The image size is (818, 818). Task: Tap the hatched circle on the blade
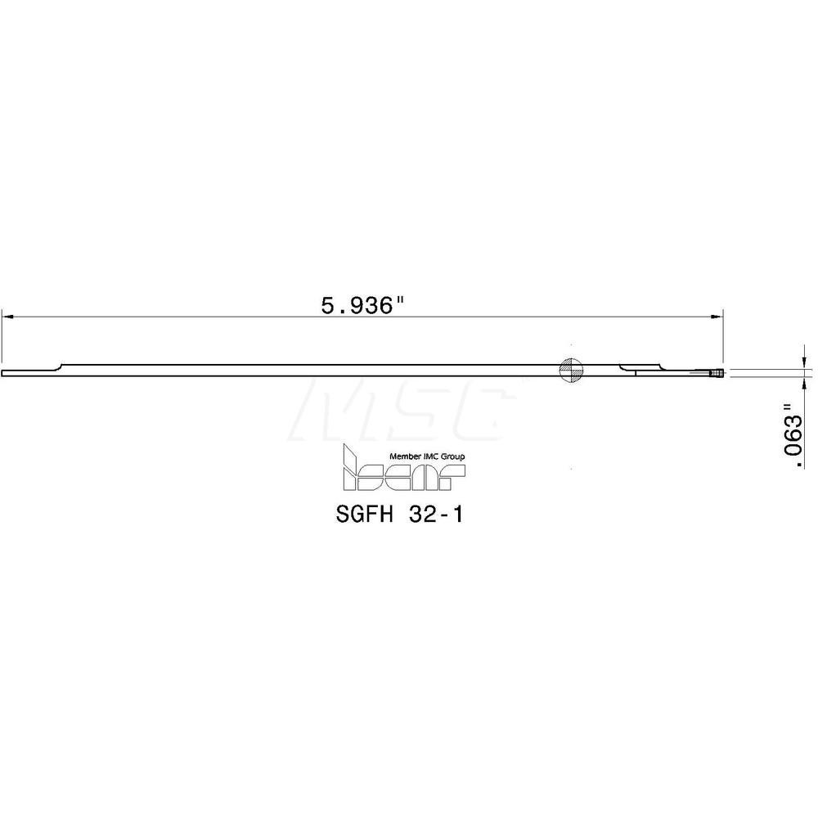(571, 371)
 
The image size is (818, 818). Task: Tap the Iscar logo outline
(404, 473)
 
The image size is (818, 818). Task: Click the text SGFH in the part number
(361, 516)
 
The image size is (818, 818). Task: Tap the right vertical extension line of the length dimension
(723, 335)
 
